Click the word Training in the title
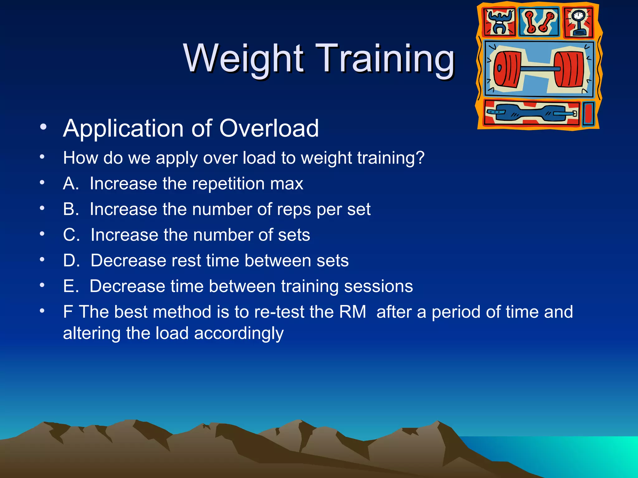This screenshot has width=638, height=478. pos(385,59)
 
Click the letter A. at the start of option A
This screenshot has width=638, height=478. pos(71,183)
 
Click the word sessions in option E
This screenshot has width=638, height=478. pos(378,286)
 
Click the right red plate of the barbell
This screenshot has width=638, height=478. pos(569,69)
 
